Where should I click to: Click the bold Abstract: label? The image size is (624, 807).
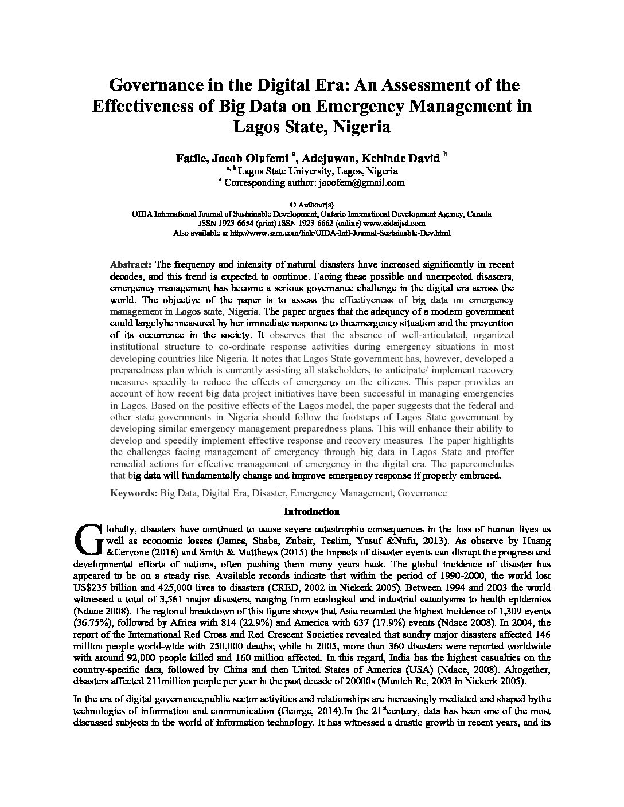pos(130,265)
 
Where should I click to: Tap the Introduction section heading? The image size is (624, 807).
pos(311,511)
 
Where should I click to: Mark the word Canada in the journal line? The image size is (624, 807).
pos(479,214)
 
